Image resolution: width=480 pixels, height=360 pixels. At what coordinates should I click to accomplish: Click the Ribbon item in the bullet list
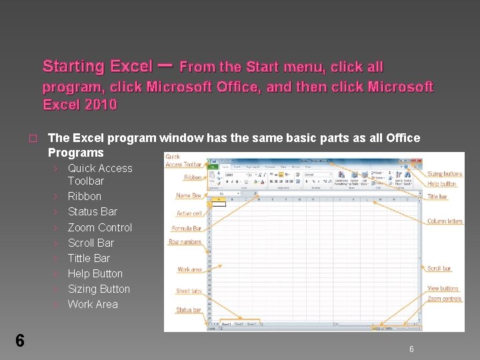pyautogui.click(x=85, y=196)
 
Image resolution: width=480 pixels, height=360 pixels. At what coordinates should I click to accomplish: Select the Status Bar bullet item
pyautogui.click(x=93, y=211)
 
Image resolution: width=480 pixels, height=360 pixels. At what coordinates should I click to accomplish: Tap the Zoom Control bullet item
pyautogui.click(x=100, y=227)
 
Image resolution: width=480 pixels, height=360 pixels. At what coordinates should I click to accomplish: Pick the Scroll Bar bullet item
pyautogui.click(x=91, y=243)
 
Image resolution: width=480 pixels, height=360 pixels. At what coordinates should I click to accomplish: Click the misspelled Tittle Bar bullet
pyautogui.click(x=89, y=258)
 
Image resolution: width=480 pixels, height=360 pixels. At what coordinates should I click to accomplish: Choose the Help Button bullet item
pyautogui.click(x=95, y=273)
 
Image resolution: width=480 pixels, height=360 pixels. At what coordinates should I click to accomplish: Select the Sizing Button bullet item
pyautogui.click(x=99, y=289)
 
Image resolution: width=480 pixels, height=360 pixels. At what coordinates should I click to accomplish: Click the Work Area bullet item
pyautogui.click(x=93, y=304)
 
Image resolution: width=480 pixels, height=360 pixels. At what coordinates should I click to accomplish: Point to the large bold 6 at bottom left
pyautogui.click(x=19, y=341)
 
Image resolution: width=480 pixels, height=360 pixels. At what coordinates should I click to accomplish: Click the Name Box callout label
pyautogui.click(x=188, y=196)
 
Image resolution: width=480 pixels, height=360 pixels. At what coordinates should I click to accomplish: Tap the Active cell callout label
pyautogui.click(x=189, y=213)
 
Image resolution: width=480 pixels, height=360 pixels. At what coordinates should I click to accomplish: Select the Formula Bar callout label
pyautogui.click(x=188, y=229)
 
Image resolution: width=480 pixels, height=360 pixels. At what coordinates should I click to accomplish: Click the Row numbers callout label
pyautogui.click(x=185, y=242)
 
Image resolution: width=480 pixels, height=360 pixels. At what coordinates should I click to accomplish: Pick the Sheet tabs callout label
pyautogui.click(x=189, y=291)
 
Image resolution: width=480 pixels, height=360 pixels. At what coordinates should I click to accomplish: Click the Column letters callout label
pyautogui.click(x=445, y=221)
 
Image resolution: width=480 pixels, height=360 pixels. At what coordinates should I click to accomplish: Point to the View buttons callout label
pyautogui.click(x=443, y=289)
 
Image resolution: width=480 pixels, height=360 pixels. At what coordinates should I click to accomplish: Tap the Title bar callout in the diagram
pyautogui.click(x=437, y=197)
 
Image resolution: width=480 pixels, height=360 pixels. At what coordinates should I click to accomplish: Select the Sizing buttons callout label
pyautogui.click(x=445, y=174)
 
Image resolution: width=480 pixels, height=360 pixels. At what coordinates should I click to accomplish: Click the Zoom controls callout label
pyautogui.click(x=445, y=299)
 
